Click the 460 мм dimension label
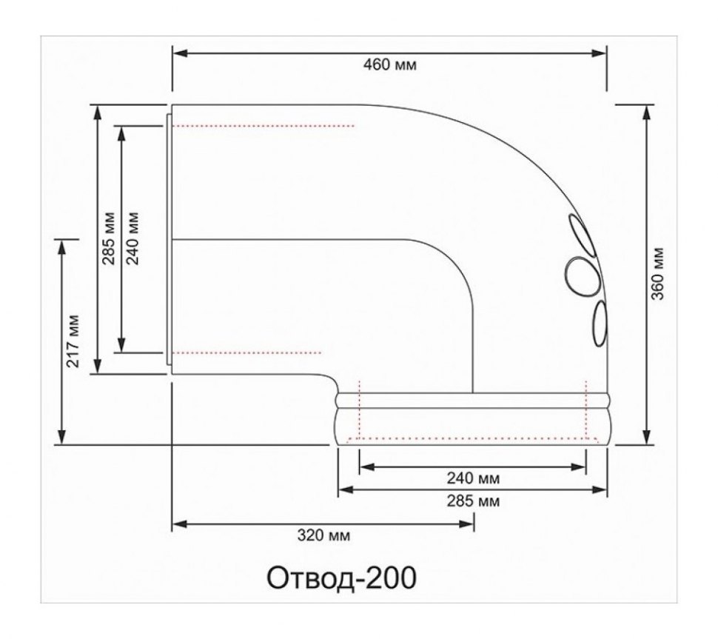pos(390,64)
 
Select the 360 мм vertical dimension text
pos(658,275)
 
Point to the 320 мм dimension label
pos(323,535)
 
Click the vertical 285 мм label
pos(109,238)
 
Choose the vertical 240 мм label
pos(133,238)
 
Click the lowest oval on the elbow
pos(600,323)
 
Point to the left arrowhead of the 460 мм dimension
pos(178,53)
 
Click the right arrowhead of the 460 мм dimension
pos(600,53)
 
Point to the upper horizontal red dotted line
pos(264,126)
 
